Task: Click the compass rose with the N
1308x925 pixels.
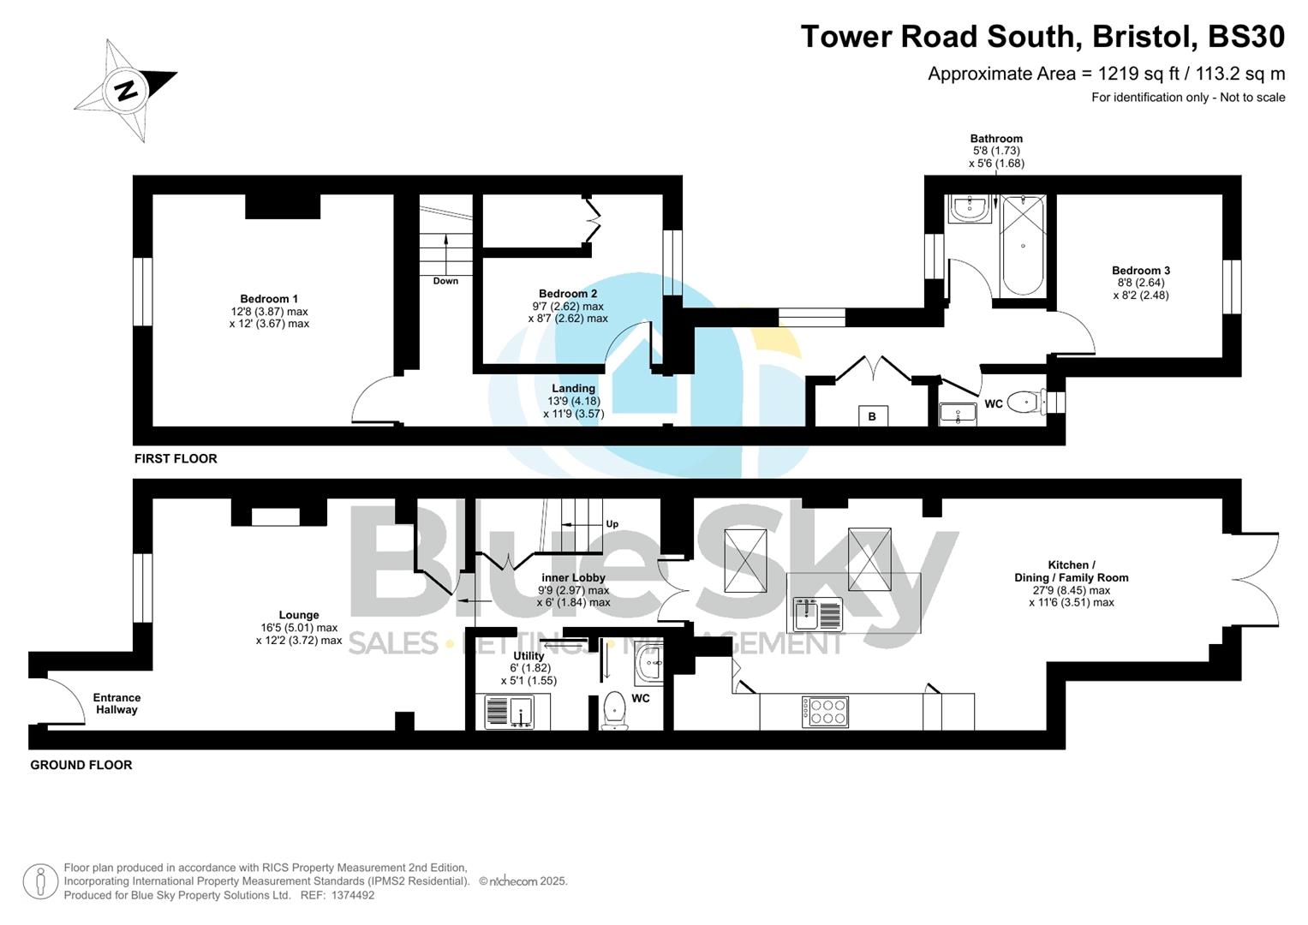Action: [x=127, y=89]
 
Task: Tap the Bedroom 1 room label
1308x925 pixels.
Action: [x=269, y=299]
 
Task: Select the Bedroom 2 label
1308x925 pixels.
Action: [x=568, y=294]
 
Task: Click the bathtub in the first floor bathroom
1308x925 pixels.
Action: [x=1023, y=246]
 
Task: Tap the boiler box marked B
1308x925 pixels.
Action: [x=873, y=416]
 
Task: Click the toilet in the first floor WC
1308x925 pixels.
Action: [x=1024, y=402]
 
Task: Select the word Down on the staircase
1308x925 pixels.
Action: [x=445, y=281]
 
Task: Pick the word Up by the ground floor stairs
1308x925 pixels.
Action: [x=612, y=524]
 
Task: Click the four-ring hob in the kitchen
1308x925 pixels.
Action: [x=825, y=712]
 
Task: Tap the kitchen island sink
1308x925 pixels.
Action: [x=818, y=613]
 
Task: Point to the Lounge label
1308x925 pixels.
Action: [x=299, y=615]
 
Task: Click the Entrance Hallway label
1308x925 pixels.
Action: [x=116, y=703]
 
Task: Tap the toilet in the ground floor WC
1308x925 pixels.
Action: [x=615, y=710]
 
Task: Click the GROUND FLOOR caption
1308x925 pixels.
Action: [x=81, y=765]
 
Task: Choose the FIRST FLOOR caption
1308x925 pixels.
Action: [x=176, y=458]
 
